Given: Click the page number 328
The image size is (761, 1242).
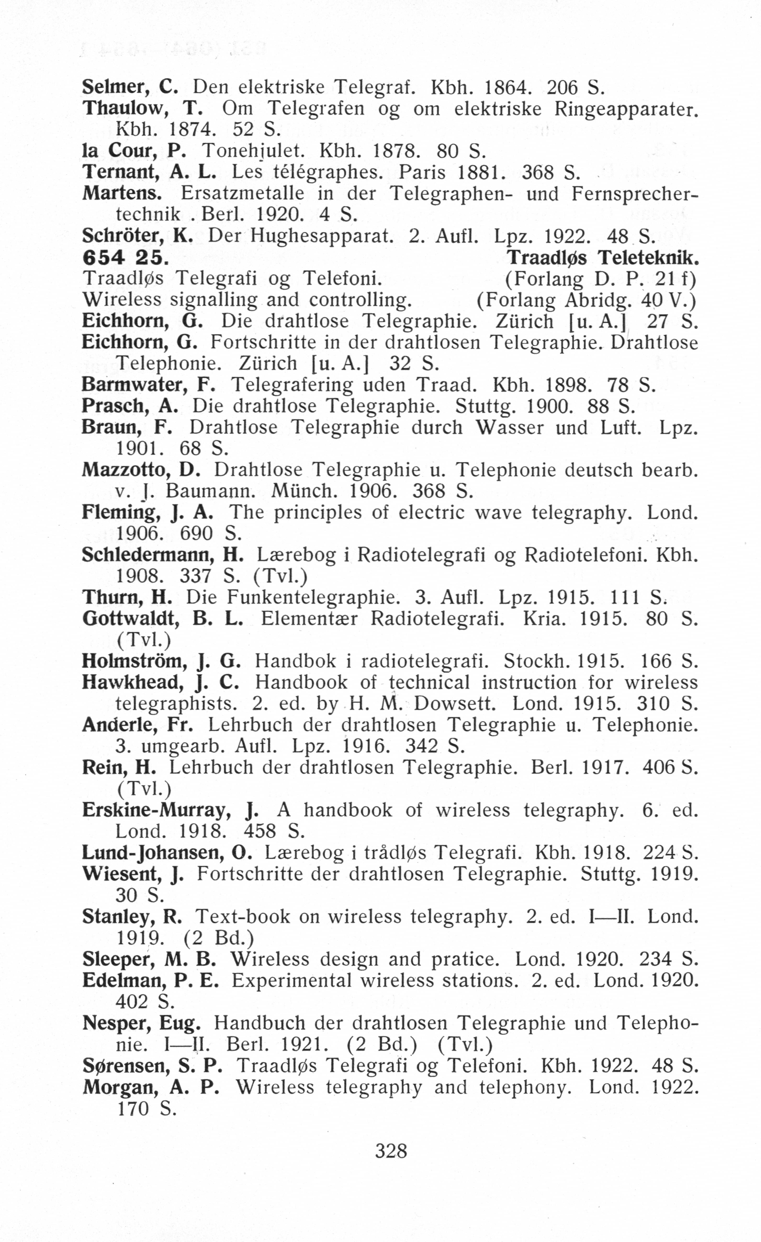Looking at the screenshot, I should (x=391, y=1151).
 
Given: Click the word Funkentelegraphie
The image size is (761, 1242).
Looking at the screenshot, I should (x=313, y=598).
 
